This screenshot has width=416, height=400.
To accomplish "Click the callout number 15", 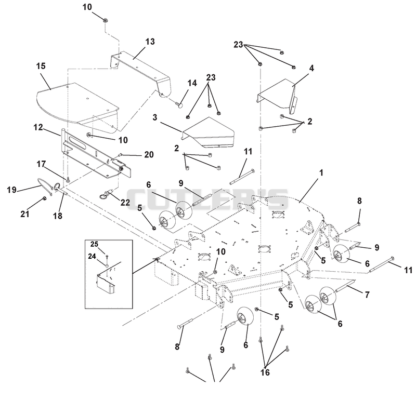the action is (41, 66).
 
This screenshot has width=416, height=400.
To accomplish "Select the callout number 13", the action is (150, 42).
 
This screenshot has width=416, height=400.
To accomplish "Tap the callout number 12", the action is (38, 127).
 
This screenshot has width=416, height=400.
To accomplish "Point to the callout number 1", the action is (321, 173).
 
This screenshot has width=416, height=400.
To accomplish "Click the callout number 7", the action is (367, 295).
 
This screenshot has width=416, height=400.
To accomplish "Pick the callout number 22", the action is (125, 203).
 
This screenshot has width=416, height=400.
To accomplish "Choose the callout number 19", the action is (11, 190).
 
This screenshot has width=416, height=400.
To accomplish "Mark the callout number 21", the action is (24, 214).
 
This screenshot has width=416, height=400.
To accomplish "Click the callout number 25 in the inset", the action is (94, 244).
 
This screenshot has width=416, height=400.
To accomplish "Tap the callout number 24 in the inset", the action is (92, 256).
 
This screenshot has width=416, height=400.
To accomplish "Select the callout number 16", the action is (265, 372).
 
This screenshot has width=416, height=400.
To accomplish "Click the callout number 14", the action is (192, 83).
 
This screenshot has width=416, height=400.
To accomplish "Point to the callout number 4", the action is (311, 68).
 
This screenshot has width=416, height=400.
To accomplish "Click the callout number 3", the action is (155, 117).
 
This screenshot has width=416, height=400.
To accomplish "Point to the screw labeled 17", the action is (68, 179).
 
